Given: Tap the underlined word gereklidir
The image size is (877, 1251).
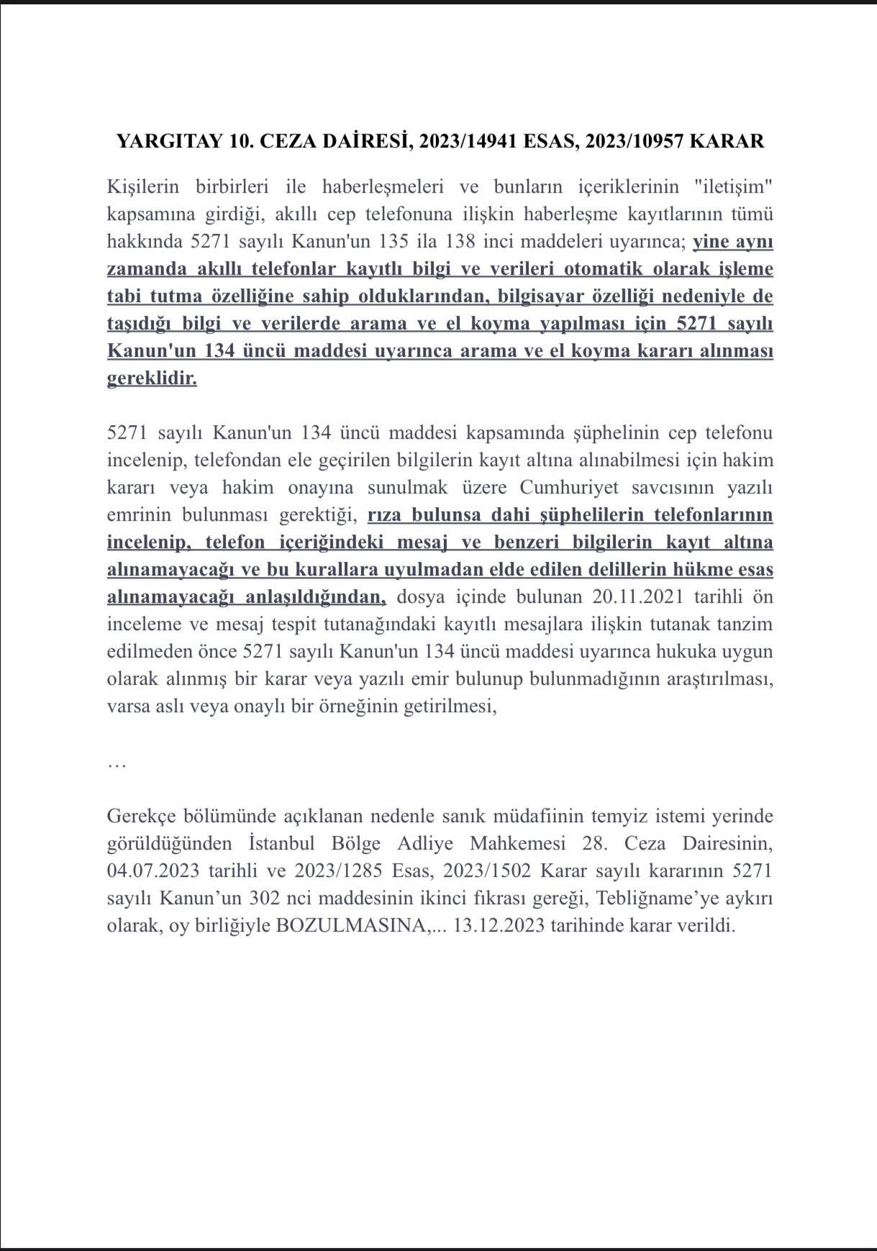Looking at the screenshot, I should pyautogui.click(x=152, y=378).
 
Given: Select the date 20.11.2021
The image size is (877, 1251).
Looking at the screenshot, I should pyautogui.click(x=640, y=597).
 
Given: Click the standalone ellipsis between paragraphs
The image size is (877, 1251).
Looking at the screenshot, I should pyautogui.click(x=117, y=765).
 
